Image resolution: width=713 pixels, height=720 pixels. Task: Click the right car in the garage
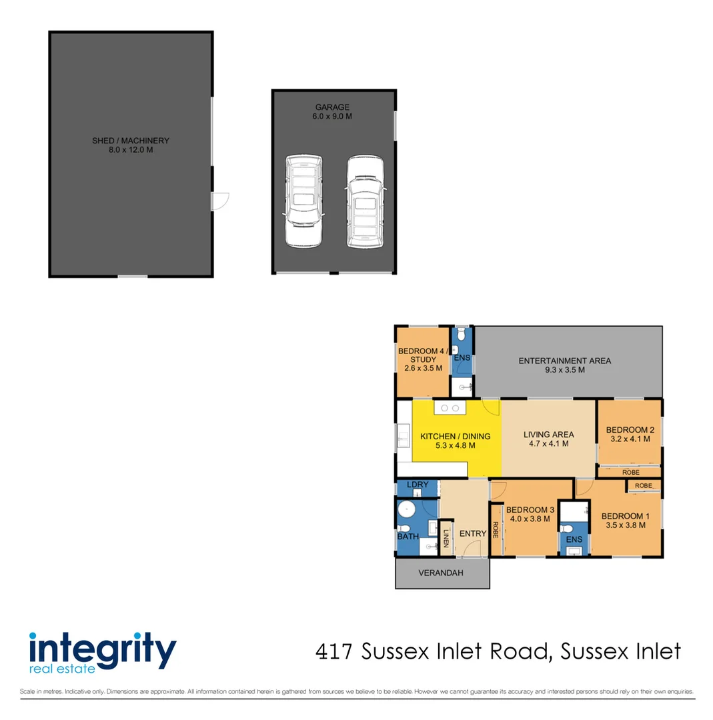coord(364,201)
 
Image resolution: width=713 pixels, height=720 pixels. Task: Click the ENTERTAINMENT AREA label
coord(564,365)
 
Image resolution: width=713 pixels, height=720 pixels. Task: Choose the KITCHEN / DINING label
coord(455,441)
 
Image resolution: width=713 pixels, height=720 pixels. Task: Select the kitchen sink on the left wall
coord(404,437)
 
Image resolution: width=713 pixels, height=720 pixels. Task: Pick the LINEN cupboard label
coord(446,537)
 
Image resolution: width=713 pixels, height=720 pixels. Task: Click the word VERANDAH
coord(441,573)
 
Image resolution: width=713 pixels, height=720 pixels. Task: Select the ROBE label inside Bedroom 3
coord(496,530)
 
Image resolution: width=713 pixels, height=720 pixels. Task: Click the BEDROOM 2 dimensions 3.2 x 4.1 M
coord(630,439)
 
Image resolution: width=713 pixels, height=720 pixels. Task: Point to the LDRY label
coord(417,484)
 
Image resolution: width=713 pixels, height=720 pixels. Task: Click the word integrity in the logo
coord(102,647)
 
